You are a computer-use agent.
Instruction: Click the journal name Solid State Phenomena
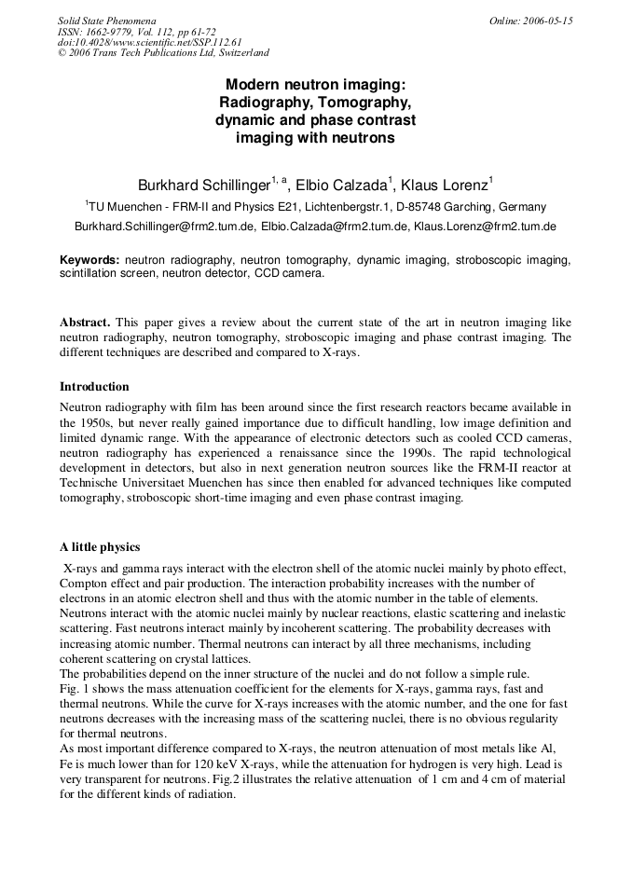click(106, 20)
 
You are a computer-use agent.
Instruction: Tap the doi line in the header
click(136, 42)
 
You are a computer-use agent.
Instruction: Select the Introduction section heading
click(94, 386)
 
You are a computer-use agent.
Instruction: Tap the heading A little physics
click(100, 546)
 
